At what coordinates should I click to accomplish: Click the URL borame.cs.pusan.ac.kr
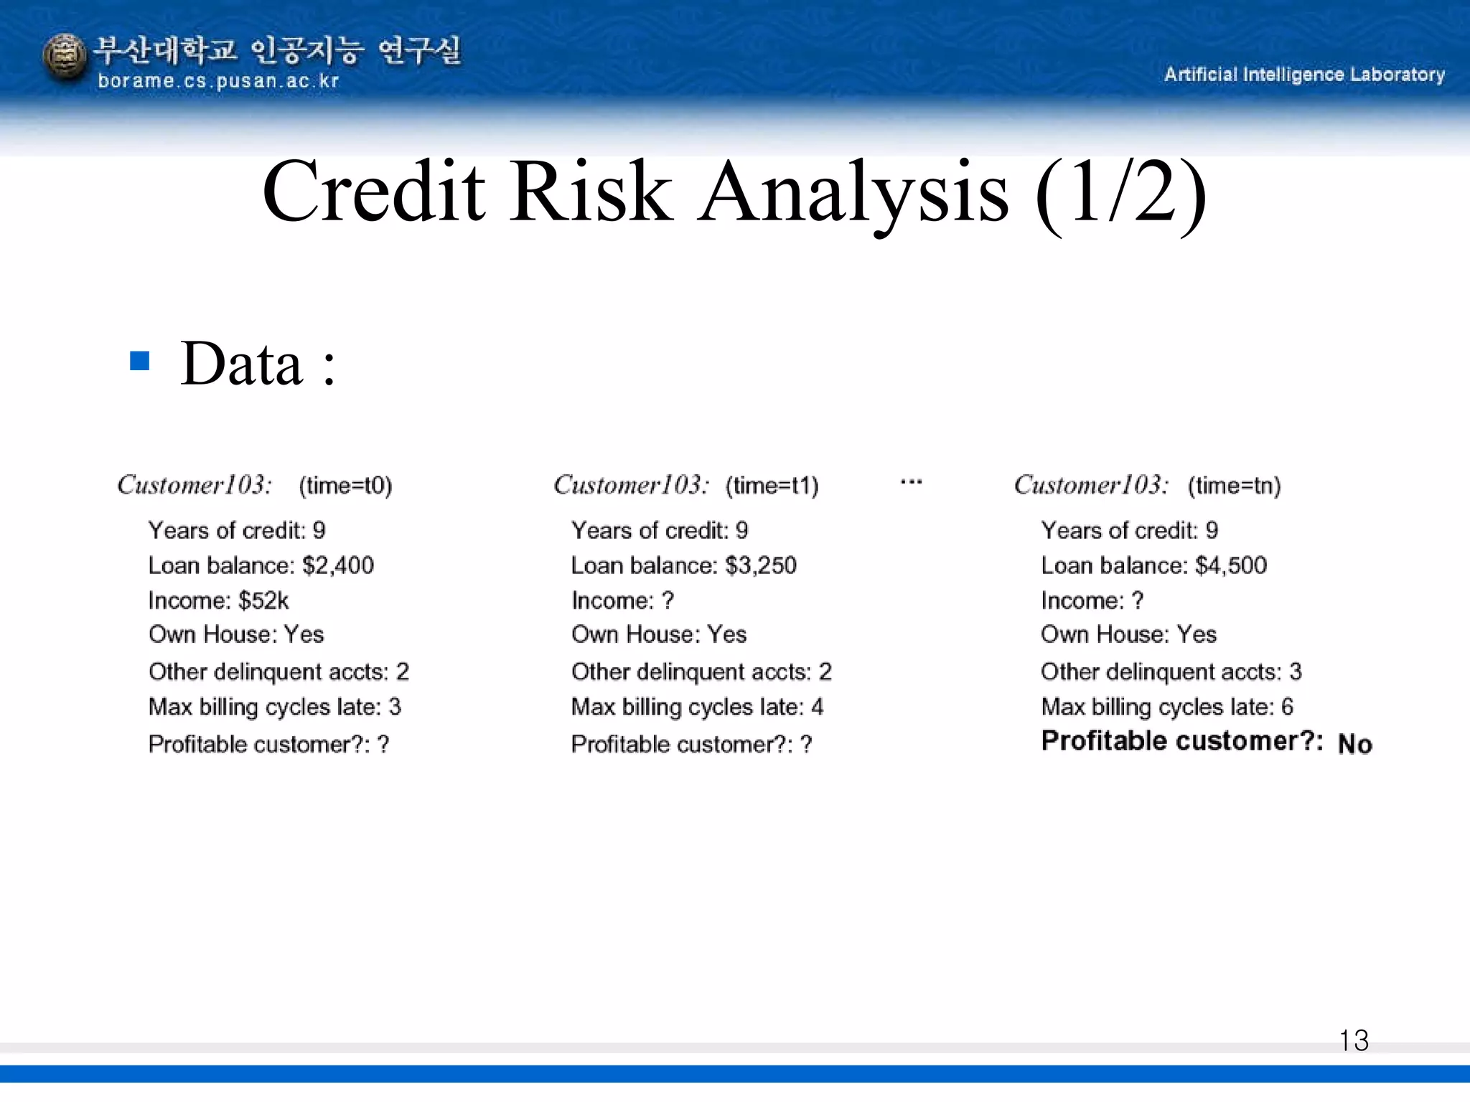218,81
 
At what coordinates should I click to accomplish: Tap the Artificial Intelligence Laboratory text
1304,75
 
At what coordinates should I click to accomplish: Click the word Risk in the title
591,192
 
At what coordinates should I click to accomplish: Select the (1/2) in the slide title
1120,192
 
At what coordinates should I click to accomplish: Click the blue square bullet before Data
139,360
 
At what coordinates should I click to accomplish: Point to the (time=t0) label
345,486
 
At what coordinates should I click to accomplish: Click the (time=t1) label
772,486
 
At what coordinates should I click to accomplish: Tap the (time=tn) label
1234,486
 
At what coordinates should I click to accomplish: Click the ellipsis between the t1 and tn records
911,482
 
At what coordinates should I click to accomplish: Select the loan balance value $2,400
338,565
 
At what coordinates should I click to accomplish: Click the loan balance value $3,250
761,565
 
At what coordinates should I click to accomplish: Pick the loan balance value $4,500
1231,565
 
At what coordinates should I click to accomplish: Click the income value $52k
263,601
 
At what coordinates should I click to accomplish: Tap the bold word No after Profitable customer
1354,744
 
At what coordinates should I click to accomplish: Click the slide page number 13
1354,1040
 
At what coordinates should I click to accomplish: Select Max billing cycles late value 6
1287,707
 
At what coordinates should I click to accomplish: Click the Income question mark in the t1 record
668,601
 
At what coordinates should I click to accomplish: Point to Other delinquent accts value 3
1295,672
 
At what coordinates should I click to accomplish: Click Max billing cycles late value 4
817,707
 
